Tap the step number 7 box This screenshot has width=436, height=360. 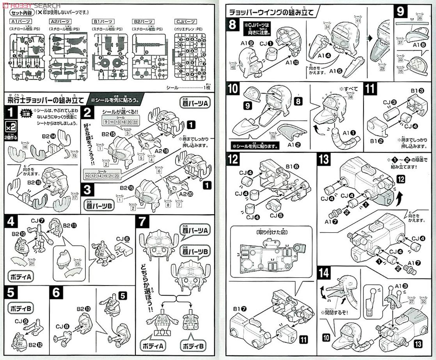(142, 223)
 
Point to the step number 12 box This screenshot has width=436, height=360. (234, 159)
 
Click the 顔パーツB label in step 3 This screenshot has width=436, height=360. (96, 204)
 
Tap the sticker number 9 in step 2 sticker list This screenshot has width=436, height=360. (106, 122)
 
